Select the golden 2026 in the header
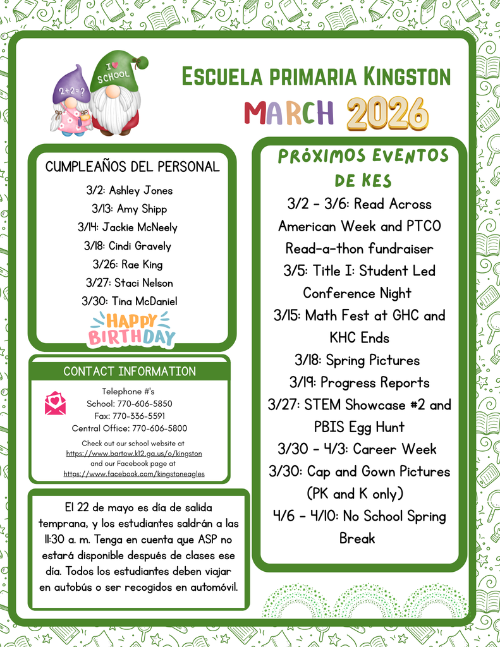pyautogui.click(x=387, y=114)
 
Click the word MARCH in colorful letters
pyautogui.click(x=288, y=113)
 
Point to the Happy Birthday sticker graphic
pyautogui.click(x=131, y=329)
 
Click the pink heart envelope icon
pyautogui.click(x=55, y=403)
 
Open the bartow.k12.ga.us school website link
pyautogui.click(x=134, y=454)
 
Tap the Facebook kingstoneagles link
pyautogui.click(x=134, y=473)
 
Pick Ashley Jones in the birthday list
pyautogui.click(x=140, y=190)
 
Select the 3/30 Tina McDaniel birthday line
pyautogui.click(x=129, y=301)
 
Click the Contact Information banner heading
pyautogui.click(x=130, y=371)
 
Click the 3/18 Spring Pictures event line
pyautogui.click(x=357, y=360)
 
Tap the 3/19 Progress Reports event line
pyautogui.click(x=359, y=382)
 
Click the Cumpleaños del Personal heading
pyautogui.click(x=132, y=167)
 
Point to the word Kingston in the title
pyautogui.click(x=407, y=77)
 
